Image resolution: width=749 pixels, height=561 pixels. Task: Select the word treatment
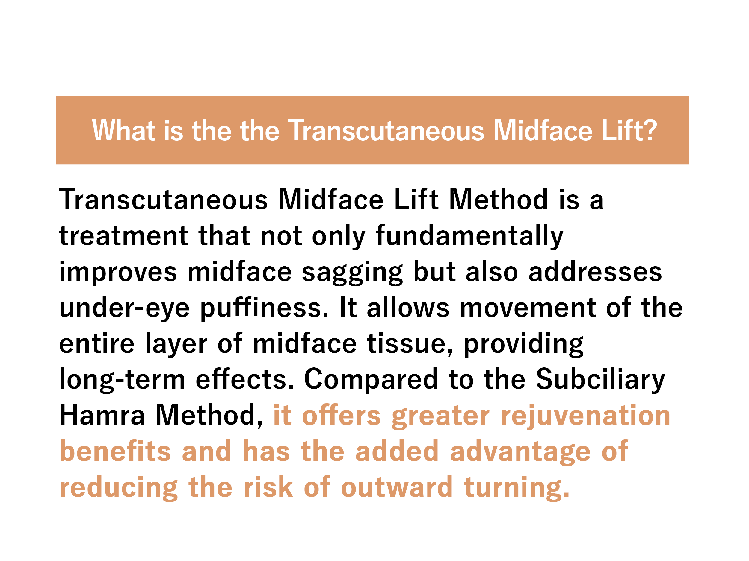click(124, 236)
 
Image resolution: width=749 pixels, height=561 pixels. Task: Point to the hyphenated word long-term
click(123, 380)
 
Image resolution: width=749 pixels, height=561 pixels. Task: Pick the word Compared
click(372, 380)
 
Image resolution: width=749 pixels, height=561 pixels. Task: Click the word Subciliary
click(601, 380)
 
